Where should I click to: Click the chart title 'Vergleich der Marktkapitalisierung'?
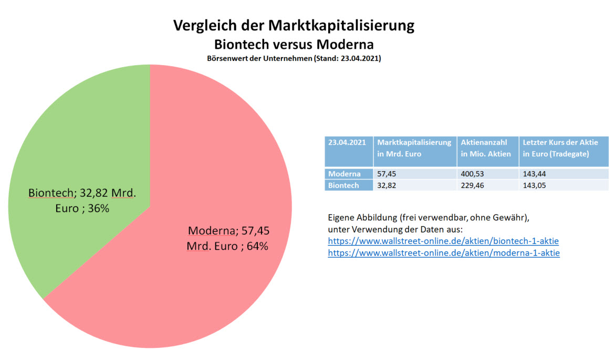tap(294, 26)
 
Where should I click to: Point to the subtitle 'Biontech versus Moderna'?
tap(294, 43)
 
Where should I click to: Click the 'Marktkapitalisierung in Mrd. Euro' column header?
tap(414, 148)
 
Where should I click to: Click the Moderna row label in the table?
tap(344, 174)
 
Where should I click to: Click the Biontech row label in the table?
tap(344, 185)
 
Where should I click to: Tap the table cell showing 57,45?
tap(387, 174)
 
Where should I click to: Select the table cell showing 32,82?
tap(387, 185)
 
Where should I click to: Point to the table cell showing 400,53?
tap(472, 174)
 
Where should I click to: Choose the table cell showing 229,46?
tap(472, 185)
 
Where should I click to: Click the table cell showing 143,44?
tap(533, 174)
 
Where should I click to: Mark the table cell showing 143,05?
tap(533, 185)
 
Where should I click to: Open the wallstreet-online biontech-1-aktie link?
tap(443, 241)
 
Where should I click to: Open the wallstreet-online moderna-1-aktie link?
tap(444, 253)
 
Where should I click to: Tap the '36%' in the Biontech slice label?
tap(98, 208)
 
